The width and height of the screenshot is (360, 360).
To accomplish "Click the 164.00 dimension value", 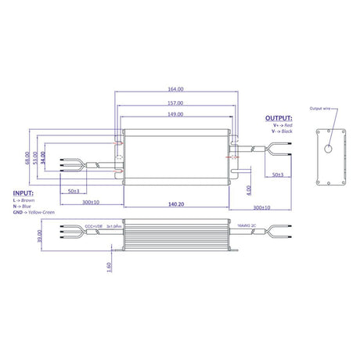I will click(175, 89).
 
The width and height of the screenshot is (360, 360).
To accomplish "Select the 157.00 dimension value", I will click(175, 103).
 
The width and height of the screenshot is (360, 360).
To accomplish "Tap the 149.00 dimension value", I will click(175, 114).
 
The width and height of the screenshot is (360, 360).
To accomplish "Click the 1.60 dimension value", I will click(107, 265).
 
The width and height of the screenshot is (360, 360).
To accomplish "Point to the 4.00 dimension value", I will click(248, 189).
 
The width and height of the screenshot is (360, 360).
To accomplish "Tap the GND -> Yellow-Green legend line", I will click(38, 211).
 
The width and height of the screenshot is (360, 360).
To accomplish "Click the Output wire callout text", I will click(322, 109).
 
